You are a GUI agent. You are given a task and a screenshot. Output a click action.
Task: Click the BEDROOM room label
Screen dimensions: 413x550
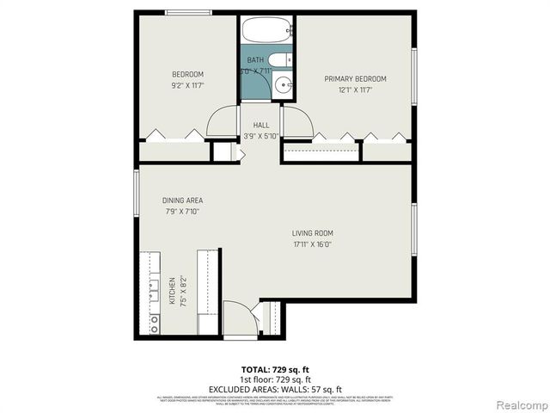tap(187, 74)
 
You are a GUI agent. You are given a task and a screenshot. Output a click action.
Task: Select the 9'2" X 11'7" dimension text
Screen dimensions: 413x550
tap(187, 86)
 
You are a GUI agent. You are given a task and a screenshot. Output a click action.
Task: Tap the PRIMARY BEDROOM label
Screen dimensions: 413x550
tap(355, 79)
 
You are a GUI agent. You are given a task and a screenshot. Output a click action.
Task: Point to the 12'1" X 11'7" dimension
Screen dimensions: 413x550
tap(355, 90)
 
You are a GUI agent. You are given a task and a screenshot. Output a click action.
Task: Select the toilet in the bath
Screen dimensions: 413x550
tap(288, 59)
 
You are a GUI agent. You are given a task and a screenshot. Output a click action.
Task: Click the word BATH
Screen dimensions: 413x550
tap(255, 60)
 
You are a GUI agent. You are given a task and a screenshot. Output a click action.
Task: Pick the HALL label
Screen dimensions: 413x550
tap(261, 125)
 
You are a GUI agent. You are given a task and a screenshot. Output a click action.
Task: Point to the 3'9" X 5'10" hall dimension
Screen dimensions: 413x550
tap(261, 136)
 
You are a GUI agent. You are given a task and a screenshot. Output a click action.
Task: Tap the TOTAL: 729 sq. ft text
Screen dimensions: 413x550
tap(275, 368)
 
